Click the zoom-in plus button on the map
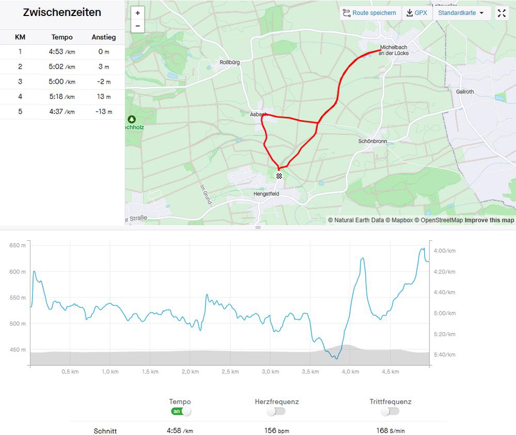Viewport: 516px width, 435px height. tap(138, 13)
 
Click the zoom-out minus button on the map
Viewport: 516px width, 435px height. tap(138, 26)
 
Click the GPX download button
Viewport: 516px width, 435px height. tap(417, 13)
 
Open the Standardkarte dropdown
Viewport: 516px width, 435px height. tap(461, 13)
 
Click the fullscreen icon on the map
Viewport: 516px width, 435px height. tap(502, 13)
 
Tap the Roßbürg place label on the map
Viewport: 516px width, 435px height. tap(230, 63)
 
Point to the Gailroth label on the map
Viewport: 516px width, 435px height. tap(464, 92)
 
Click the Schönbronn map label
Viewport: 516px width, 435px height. tap(373, 141)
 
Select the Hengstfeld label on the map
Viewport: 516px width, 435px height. tap(266, 194)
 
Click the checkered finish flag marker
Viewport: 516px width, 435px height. tap(279, 176)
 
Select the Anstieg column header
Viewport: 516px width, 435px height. tap(104, 37)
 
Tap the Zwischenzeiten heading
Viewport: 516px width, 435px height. tap(62, 12)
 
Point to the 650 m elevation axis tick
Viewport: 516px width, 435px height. tap(18, 245)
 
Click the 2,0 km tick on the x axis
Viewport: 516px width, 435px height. tap(190, 371)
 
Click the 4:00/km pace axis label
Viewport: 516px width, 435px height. tap(444, 251)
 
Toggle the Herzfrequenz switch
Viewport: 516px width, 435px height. tap(276, 412)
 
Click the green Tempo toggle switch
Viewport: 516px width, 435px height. tap(181, 412)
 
